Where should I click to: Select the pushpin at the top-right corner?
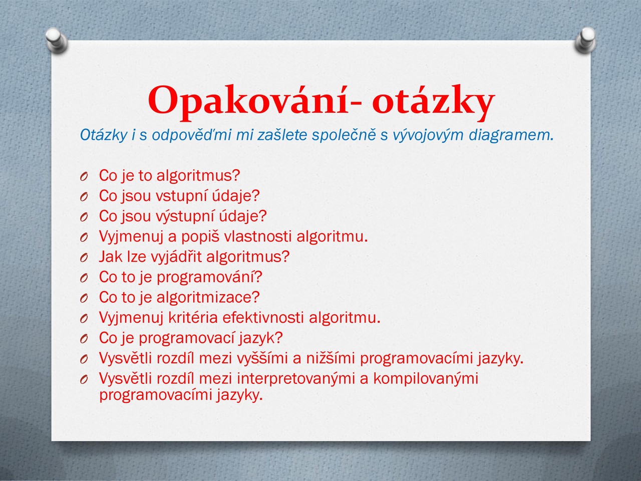coord(585,40)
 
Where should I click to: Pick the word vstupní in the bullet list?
coord(182,196)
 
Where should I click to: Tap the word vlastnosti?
coord(257,236)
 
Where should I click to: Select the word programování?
coord(209,278)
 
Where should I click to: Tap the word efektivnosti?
coord(263,318)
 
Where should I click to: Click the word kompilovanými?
coord(426,379)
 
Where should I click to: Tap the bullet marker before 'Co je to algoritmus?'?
coord(84,177)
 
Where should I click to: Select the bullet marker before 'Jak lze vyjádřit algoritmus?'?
coord(84,258)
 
